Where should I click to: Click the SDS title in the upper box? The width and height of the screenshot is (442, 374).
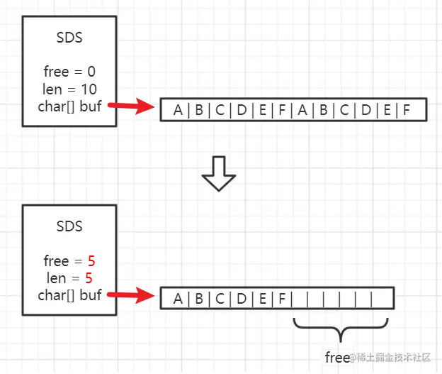pos(69,38)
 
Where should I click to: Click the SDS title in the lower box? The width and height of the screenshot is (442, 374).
pos(69,226)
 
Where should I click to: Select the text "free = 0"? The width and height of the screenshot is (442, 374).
pos(69,72)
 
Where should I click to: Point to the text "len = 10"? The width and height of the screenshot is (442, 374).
pos(69,89)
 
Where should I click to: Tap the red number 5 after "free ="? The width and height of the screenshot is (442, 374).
pos(91,260)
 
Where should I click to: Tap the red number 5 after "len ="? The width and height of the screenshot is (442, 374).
pos(89,277)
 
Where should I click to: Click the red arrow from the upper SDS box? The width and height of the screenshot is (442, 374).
pos(135,106)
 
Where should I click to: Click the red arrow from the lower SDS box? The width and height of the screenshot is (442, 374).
pos(135,295)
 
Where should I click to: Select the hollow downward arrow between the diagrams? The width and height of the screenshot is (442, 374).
pos(218,175)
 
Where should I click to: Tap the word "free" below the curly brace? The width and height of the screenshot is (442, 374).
pos(337,357)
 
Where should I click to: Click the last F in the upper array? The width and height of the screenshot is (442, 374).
pos(407,110)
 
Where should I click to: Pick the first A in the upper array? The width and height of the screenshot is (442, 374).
pos(177,110)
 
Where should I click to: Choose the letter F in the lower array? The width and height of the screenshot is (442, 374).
pos(282,299)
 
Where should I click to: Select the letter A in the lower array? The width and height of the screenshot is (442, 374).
pos(177,299)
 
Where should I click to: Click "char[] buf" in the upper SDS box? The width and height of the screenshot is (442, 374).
pos(69,106)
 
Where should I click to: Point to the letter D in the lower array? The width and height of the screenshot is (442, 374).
pos(241,299)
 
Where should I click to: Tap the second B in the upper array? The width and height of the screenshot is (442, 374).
pos(323,110)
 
